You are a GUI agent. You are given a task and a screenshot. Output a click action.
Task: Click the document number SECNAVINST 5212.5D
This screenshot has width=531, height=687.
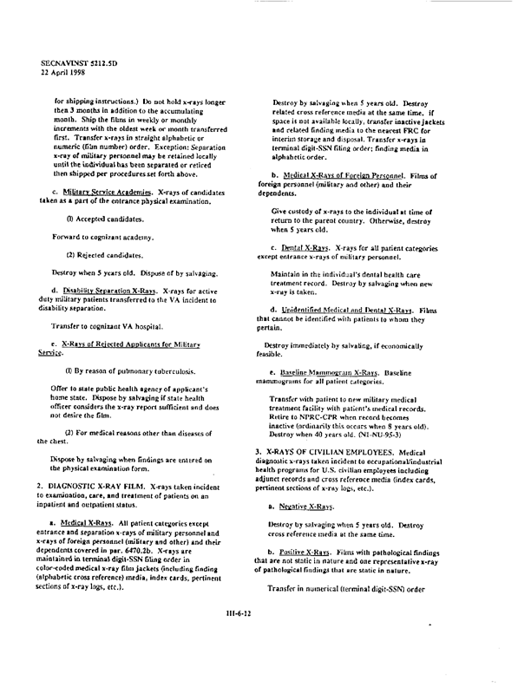[77, 63]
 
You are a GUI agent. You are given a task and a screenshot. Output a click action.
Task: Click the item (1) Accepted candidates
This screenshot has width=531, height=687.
[105, 216]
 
